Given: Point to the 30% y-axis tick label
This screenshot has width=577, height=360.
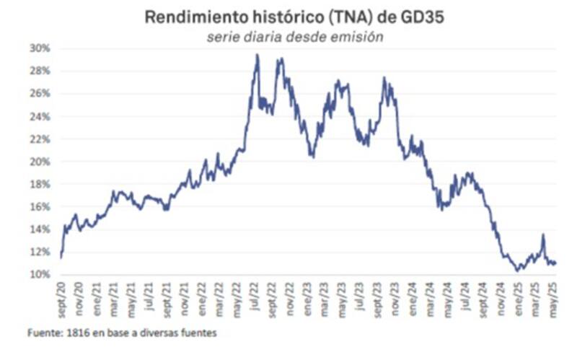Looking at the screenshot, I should click(x=40, y=48).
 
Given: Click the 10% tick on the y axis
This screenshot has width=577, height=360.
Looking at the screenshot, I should click(x=40, y=274).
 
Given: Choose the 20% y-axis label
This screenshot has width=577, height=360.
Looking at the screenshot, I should click(x=40, y=162).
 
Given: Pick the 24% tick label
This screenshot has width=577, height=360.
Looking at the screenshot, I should click(x=40, y=116).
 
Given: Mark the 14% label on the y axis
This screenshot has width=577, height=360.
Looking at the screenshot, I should click(x=40, y=229).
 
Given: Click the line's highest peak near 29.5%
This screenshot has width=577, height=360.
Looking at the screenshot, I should click(x=257, y=55).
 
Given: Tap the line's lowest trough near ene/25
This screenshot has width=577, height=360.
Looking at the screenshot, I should click(x=517, y=271).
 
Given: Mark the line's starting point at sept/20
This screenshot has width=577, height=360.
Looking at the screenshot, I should click(x=61, y=257).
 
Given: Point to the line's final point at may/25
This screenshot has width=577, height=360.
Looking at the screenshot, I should click(x=555, y=263).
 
